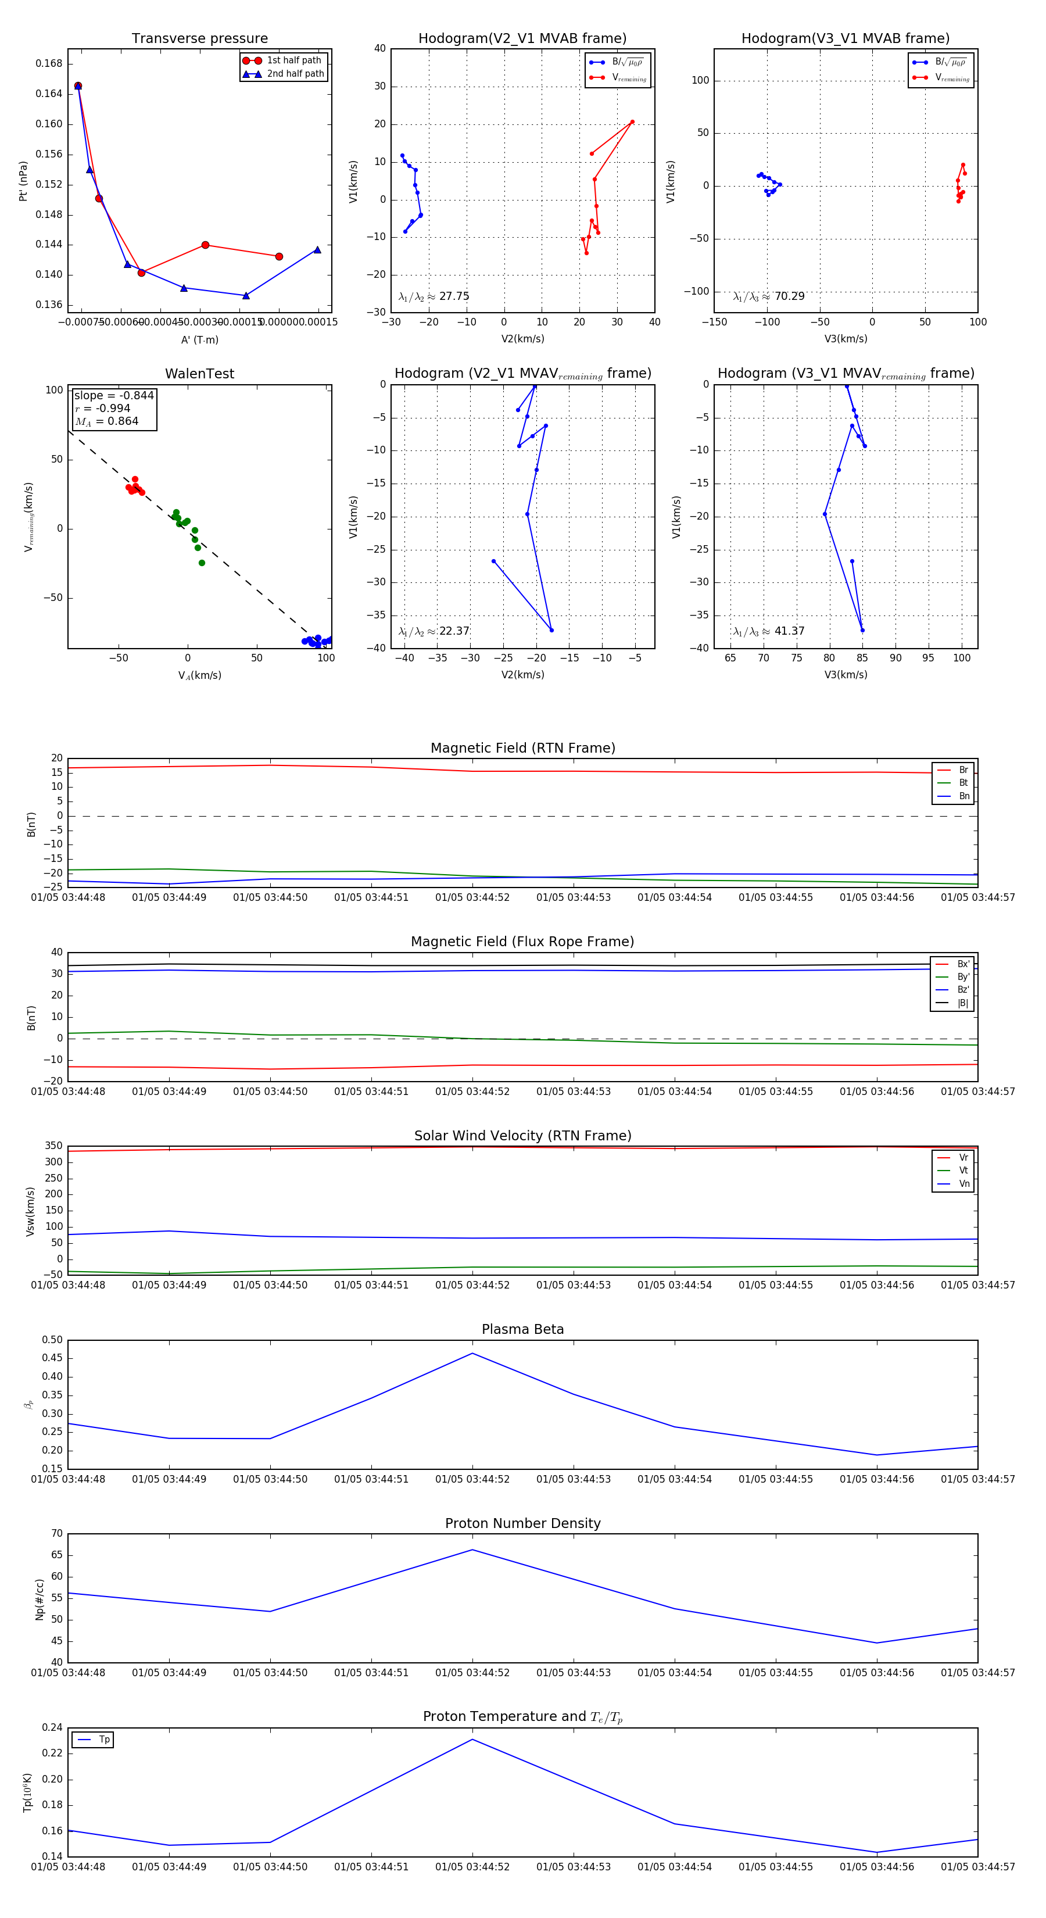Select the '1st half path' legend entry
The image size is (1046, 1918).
point(293,60)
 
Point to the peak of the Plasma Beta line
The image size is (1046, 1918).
point(472,1354)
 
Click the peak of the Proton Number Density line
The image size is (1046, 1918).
point(472,1550)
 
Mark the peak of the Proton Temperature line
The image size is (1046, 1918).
point(472,1740)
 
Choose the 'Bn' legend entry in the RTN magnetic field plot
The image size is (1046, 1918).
point(963,796)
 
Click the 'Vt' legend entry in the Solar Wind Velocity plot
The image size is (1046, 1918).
point(963,1171)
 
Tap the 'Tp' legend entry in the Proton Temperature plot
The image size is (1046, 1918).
point(104,1740)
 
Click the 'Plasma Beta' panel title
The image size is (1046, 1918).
point(522,1329)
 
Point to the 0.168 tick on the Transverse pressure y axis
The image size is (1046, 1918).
point(49,64)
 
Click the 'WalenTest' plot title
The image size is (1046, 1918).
point(199,374)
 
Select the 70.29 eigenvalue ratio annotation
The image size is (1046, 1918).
point(789,296)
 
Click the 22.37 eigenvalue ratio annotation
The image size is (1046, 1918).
point(454,631)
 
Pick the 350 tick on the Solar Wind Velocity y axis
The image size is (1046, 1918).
point(53,1146)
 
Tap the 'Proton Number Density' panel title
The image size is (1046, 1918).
point(522,1523)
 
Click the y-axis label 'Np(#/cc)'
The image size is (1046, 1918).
point(40,1599)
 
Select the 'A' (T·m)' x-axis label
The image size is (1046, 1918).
point(199,339)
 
